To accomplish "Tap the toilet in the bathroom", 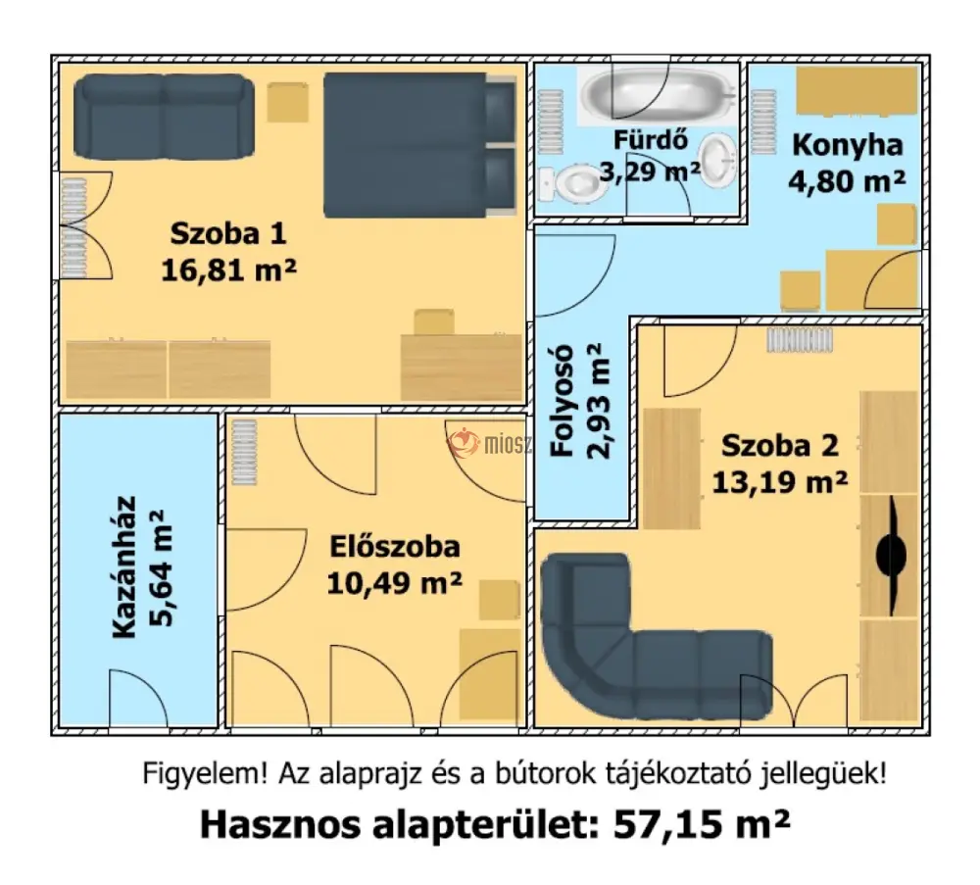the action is (x=572, y=183).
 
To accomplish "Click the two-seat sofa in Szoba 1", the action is (x=164, y=117).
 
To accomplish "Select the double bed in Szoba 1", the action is (x=419, y=145).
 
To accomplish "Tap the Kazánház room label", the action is (x=123, y=567).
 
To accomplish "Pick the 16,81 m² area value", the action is (x=228, y=270).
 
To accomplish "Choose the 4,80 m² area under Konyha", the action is (x=847, y=181).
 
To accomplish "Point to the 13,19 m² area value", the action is (x=779, y=482).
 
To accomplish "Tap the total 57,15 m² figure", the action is (x=702, y=824).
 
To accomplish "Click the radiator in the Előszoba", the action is (x=244, y=452).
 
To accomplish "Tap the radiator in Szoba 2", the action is (x=800, y=341).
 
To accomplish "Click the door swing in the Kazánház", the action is (x=138, y=697).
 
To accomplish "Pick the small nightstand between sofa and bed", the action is (x=287, y=103).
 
